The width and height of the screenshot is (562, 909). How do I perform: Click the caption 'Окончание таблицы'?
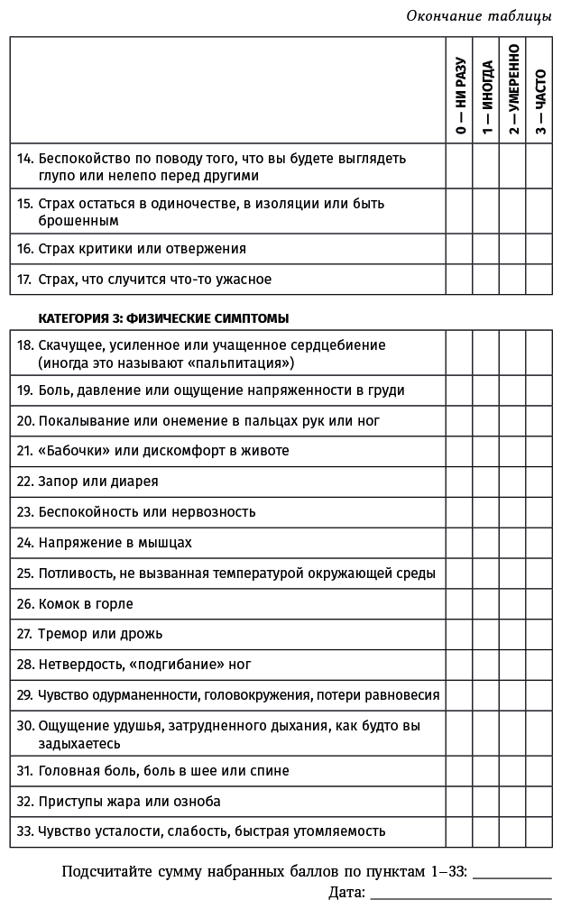click(478, 16)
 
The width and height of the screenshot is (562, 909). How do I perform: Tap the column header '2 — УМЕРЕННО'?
click(512, 90)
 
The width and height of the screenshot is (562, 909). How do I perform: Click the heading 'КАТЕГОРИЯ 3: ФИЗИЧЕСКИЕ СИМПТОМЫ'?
click(163, 318)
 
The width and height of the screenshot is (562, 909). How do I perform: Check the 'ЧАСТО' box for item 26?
click(539, 603)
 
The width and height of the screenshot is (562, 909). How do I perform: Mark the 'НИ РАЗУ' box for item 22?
click(459, 481)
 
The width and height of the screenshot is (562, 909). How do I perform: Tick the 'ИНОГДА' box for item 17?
click(486, 279)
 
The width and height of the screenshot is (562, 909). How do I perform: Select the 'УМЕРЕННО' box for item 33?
click(512, 831)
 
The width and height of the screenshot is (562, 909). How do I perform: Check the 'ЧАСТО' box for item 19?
click(539, 390)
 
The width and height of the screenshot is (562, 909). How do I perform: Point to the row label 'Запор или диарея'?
click(98, 481)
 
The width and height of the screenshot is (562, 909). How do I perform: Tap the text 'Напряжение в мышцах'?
click(115, 543)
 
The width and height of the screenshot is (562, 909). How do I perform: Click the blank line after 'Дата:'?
click(460, 895)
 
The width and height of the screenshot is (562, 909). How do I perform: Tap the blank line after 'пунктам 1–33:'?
click(511, 874)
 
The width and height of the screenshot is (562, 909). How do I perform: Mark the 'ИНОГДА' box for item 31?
click(486, 771)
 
